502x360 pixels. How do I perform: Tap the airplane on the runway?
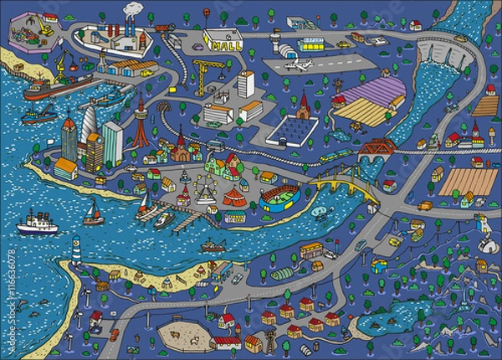298,64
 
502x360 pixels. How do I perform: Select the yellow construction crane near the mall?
203,72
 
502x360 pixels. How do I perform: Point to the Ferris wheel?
203,189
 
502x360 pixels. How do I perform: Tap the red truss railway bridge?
377,148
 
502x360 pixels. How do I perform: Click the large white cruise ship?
36,224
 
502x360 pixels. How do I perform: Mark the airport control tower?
276,39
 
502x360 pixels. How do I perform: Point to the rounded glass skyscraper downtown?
90,126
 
